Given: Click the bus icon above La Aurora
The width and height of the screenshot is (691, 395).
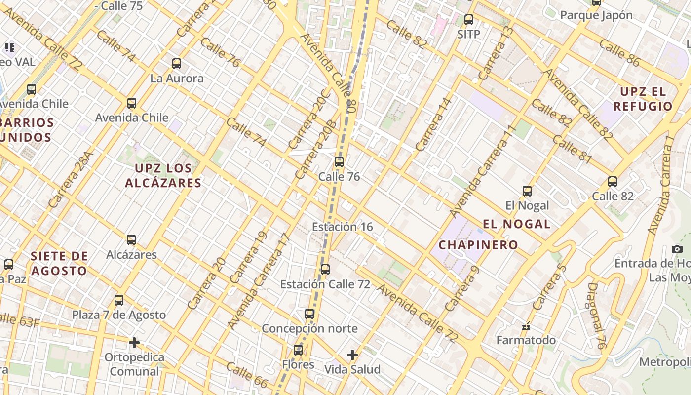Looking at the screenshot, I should pos(177,64).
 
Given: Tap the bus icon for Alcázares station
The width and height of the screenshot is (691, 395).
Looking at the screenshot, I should pos(131,240).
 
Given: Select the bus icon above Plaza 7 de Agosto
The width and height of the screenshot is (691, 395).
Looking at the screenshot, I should pos(119,300).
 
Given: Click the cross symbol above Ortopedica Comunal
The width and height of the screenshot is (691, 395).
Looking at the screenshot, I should pos(134,343).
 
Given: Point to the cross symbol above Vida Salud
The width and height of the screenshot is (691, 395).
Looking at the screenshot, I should pos(352,355).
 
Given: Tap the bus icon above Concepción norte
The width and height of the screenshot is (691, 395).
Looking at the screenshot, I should pos(309,314).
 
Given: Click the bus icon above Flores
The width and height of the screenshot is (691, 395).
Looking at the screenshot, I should pos(298,350).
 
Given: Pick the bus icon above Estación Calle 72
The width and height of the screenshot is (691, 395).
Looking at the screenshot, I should pos(325,270).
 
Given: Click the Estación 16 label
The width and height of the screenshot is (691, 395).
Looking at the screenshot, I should pos(342,227).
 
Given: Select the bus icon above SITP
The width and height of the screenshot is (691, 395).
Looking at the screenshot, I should pos(469,20).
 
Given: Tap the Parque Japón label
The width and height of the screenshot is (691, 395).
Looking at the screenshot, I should pos(596,15).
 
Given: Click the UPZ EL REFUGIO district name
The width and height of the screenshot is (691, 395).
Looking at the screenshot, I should pos(643,99).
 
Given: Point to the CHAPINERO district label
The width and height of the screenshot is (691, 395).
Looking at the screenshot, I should pos(478,245).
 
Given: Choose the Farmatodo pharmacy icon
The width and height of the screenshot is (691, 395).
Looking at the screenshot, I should pos(526,326).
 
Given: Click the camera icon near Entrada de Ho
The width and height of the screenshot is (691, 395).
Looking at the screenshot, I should pos(677,249).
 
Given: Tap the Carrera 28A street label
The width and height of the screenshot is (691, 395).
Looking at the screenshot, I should pos(71,179).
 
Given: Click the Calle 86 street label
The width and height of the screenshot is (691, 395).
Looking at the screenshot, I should pos(619,53).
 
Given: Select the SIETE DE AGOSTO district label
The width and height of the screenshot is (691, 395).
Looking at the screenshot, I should pos(59,263).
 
